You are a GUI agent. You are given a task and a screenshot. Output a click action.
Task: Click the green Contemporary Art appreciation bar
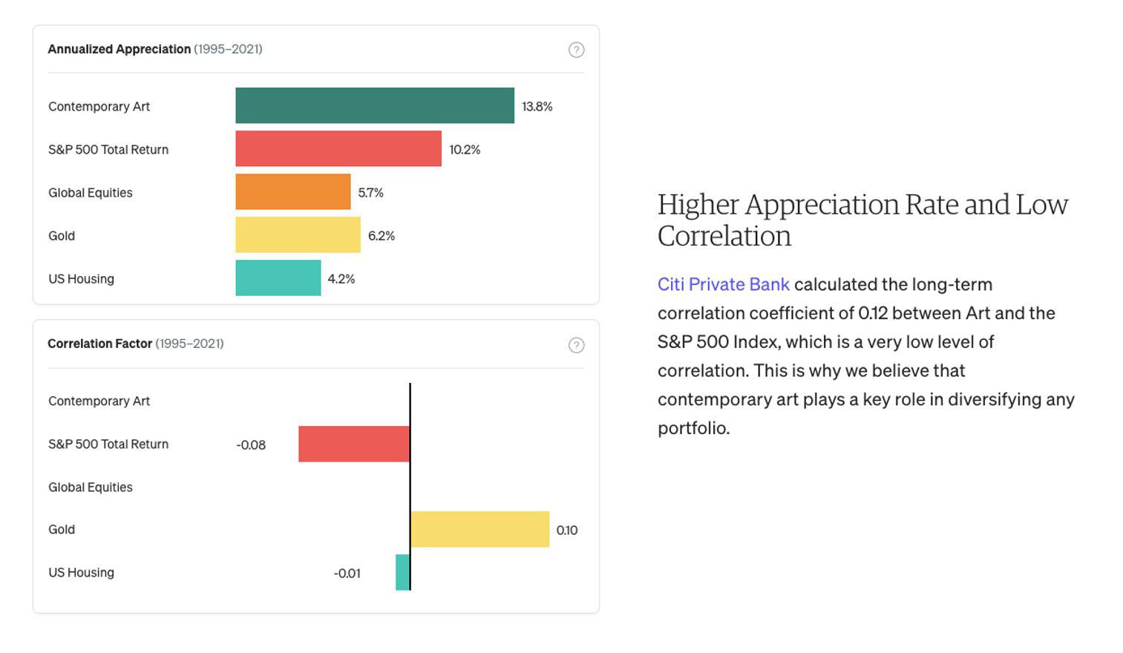point(375,105)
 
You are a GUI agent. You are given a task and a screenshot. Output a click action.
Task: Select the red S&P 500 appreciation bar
point(338,148)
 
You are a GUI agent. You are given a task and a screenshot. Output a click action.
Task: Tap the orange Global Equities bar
point(293,191)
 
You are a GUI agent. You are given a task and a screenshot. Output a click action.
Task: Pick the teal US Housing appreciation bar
point(278,278)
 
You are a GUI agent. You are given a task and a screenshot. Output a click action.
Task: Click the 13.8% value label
point(537,106)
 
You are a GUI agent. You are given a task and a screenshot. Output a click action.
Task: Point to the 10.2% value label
point(465,149)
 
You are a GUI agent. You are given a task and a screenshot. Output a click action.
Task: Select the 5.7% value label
point(371,192)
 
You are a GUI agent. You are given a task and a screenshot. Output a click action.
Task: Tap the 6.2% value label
point(382,235)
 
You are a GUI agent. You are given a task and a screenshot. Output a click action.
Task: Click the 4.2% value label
point(341,278)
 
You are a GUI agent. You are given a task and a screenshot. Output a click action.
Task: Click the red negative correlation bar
point(354,444)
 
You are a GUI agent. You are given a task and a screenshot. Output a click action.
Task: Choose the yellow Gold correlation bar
point(479,529)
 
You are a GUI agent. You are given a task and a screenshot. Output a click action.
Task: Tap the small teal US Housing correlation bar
point(402,572)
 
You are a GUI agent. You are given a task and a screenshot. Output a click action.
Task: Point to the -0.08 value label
point(251,444)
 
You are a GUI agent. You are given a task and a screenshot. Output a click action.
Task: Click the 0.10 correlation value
point(567,530)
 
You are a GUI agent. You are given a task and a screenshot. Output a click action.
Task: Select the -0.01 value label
point(347,573)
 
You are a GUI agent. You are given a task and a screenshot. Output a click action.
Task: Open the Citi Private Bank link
point(724,284)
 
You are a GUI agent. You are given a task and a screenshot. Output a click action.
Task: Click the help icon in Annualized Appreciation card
point(576,50)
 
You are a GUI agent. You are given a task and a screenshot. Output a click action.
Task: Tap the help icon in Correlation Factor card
point(576,345)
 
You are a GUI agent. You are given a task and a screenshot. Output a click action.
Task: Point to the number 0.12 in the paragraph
point(873,313)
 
